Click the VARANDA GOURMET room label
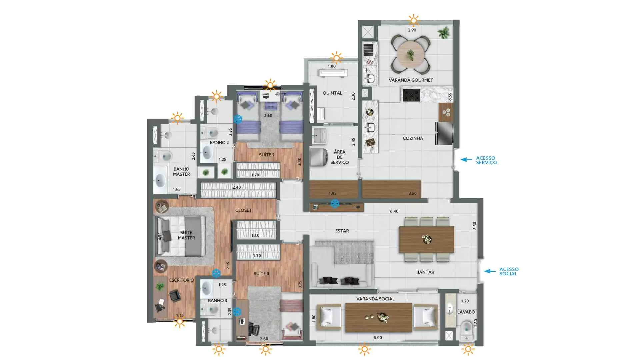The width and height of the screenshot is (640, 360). tap(411, 80)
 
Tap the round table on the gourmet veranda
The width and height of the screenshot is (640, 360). tap(411, 54)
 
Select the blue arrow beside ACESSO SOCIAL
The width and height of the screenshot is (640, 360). tap(490, 271)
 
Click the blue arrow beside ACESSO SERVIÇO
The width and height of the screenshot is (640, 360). tap(466, 160)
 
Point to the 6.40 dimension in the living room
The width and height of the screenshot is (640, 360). tap(394, 211)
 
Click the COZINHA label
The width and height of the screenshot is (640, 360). tap(413, 138)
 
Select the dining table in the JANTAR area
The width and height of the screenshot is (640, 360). tap(427, 239)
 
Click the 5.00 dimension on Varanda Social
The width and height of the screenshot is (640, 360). tap(378, 338)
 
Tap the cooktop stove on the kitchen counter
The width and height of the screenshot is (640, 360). tap(411, 95)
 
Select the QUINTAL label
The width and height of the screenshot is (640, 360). tap(332, 93)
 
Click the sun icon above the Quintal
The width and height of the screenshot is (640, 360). tap(336, 58)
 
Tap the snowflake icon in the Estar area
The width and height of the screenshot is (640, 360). tap(335, 203)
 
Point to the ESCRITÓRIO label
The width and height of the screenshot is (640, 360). tap(181, 280)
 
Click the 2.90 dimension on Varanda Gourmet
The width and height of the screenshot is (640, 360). tap(412, 30)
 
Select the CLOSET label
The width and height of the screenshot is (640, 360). tap(244, 210)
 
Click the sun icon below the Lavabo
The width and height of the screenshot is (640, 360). tap(468, 349)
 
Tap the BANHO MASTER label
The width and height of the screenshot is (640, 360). tap(181, 172)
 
